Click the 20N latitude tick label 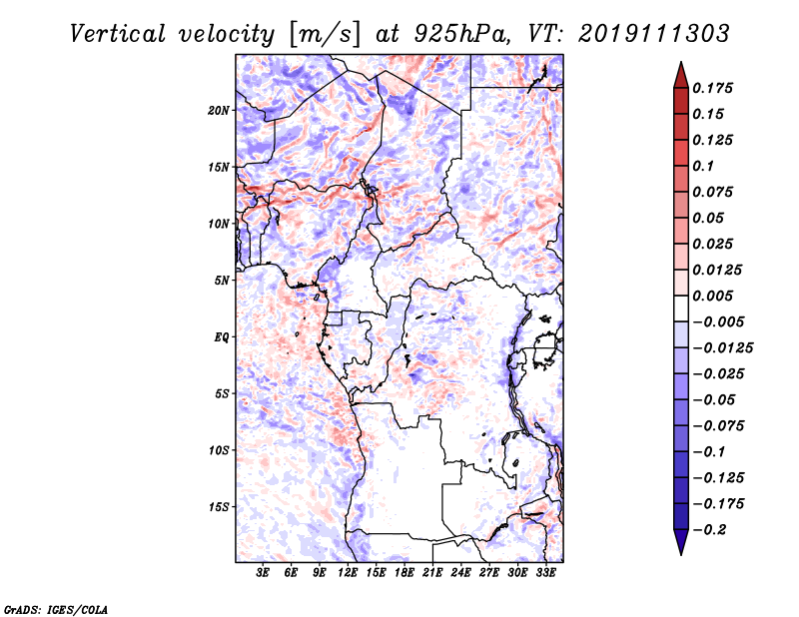click(218, 111)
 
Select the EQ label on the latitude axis click(221, 337)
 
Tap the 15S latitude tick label click(218, 507)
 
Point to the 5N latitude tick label click(221, 281)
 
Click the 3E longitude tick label click(263, 572)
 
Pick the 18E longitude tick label click(404, 572)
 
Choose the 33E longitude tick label click(545, 572)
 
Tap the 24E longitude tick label click(460, 572)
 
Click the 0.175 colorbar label click(712, 88)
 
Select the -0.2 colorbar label click(709, 530)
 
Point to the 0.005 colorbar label click(712, 296)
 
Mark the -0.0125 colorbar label click(722, 348)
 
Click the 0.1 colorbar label click(703, 166)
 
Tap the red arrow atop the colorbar click(681, 76)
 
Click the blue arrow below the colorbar click(681, 542)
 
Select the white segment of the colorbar click(681, 308)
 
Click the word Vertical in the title click(118, 34)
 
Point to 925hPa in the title click(461, 35)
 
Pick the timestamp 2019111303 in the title click(654, 34)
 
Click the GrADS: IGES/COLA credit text click(56, 609)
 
